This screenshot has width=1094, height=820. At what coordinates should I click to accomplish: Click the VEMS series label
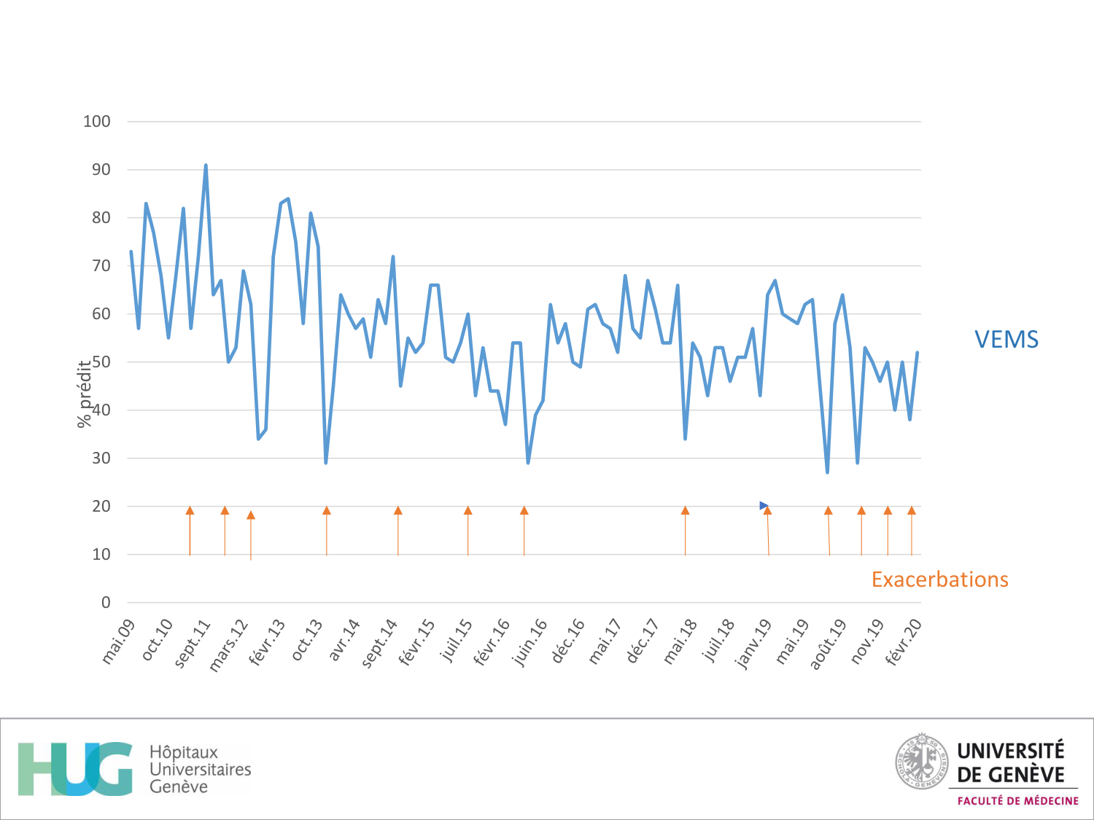point(1006,340)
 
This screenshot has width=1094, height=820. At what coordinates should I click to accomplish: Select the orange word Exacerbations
point(939,579)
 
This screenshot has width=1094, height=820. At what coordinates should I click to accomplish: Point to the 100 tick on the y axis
point(97,122)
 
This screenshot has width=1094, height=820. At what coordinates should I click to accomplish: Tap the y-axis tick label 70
point(101,266)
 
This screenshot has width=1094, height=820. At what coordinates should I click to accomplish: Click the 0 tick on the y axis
point(106,603)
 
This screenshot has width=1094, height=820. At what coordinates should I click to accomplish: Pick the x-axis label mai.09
point(119,641)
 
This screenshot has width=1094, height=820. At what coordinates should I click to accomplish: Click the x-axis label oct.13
point(307,639)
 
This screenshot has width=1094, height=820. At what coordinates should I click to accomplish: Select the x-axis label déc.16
point(568,640)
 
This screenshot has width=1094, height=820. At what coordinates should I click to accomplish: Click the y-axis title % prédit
point(85,394)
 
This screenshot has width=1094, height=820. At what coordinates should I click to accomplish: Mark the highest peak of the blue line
point(206,165)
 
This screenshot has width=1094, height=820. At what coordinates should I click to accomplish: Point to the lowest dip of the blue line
point(827,472)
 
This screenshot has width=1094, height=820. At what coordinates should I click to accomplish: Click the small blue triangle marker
point(764,505)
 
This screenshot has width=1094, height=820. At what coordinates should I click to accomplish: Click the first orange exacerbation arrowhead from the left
point(190,510)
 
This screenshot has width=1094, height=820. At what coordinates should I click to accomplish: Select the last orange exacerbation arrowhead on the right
point(912,510)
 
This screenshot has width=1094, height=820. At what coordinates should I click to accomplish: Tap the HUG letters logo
point(75,769)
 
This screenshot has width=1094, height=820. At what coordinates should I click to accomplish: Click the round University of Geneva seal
point(922,762)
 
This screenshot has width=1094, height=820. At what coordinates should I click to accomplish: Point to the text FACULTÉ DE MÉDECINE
point(1017,801)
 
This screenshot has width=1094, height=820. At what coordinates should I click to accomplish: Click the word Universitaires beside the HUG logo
point(200,770)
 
